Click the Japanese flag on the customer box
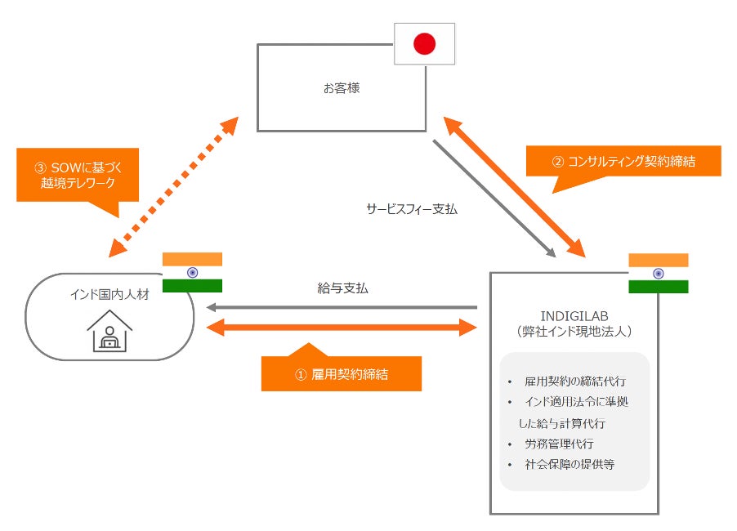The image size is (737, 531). click(x=424, y=44)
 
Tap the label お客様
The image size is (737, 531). click(x=342, y=88)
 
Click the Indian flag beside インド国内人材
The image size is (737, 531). click(x=192, y=273)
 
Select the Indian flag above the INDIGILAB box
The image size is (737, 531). click(x=658, y=273)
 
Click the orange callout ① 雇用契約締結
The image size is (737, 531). click(x=341, y=374)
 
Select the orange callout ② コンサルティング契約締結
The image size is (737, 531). click(x=624, y=161)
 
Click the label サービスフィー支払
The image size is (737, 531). click(x=412, y=209)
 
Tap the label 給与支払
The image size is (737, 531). click(x=342, y=288)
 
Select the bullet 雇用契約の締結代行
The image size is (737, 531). click(x=575, y=381)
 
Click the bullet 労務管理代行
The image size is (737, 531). click(x=560, y=444)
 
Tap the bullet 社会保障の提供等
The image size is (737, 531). click(x=569, y=465)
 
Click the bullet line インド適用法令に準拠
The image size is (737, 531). click(x=577, y=402)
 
